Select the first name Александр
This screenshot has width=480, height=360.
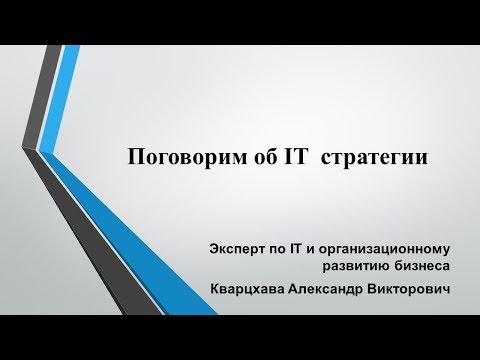pyautogui.click(x=337, y=288)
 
